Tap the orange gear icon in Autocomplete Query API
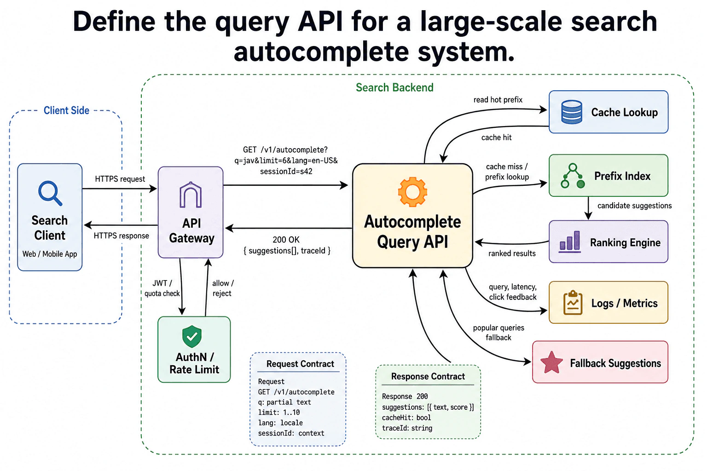(x=412, y=192)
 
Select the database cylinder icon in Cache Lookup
(x=572, y=112)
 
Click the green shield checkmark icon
(x=192, y=336)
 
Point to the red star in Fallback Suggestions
(x=551, y=362)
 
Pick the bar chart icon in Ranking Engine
(x=570, y=242)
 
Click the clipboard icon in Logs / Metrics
(x=573, y=303)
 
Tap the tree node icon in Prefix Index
(x=573, y=176)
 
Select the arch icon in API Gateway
(x=190, y=195)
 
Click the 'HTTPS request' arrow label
(x=120, y=179)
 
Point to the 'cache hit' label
(x=496, y=137)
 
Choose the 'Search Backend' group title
(x=394, y=87)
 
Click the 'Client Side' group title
(x=66, y=110)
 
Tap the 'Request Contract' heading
(x=300, y=364)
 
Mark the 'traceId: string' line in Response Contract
(x=407, y=428)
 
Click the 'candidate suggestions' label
(x=634, y=206)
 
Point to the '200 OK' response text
(x=286, y=240)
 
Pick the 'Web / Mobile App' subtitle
(x=50, y=254)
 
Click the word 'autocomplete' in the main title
(x=321, y=52)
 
